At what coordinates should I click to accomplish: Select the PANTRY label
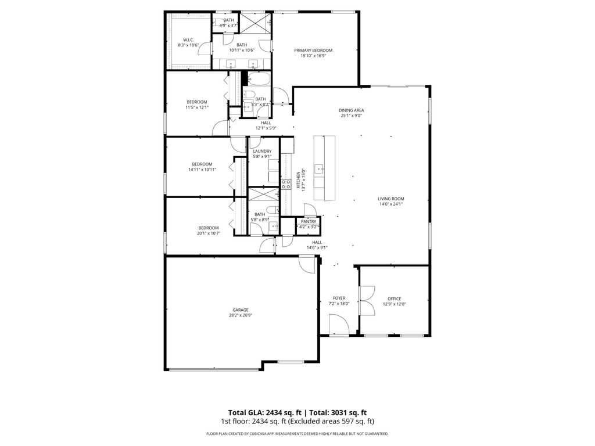(x=309, y=221)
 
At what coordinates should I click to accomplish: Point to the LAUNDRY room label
(x=262, y=151)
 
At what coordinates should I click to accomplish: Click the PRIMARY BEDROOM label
(x=317, y=51)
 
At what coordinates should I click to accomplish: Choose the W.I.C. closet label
(x=188, y=39)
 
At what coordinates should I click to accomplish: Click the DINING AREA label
(x=352, y=110)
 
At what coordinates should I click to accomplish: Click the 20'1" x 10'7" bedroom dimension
(x=208, y=233)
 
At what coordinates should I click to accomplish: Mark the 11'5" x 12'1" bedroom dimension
(x=196, y=107)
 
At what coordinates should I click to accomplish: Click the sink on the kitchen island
(x=319, y=169)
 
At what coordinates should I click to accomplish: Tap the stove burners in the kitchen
(x=286, y=185)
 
